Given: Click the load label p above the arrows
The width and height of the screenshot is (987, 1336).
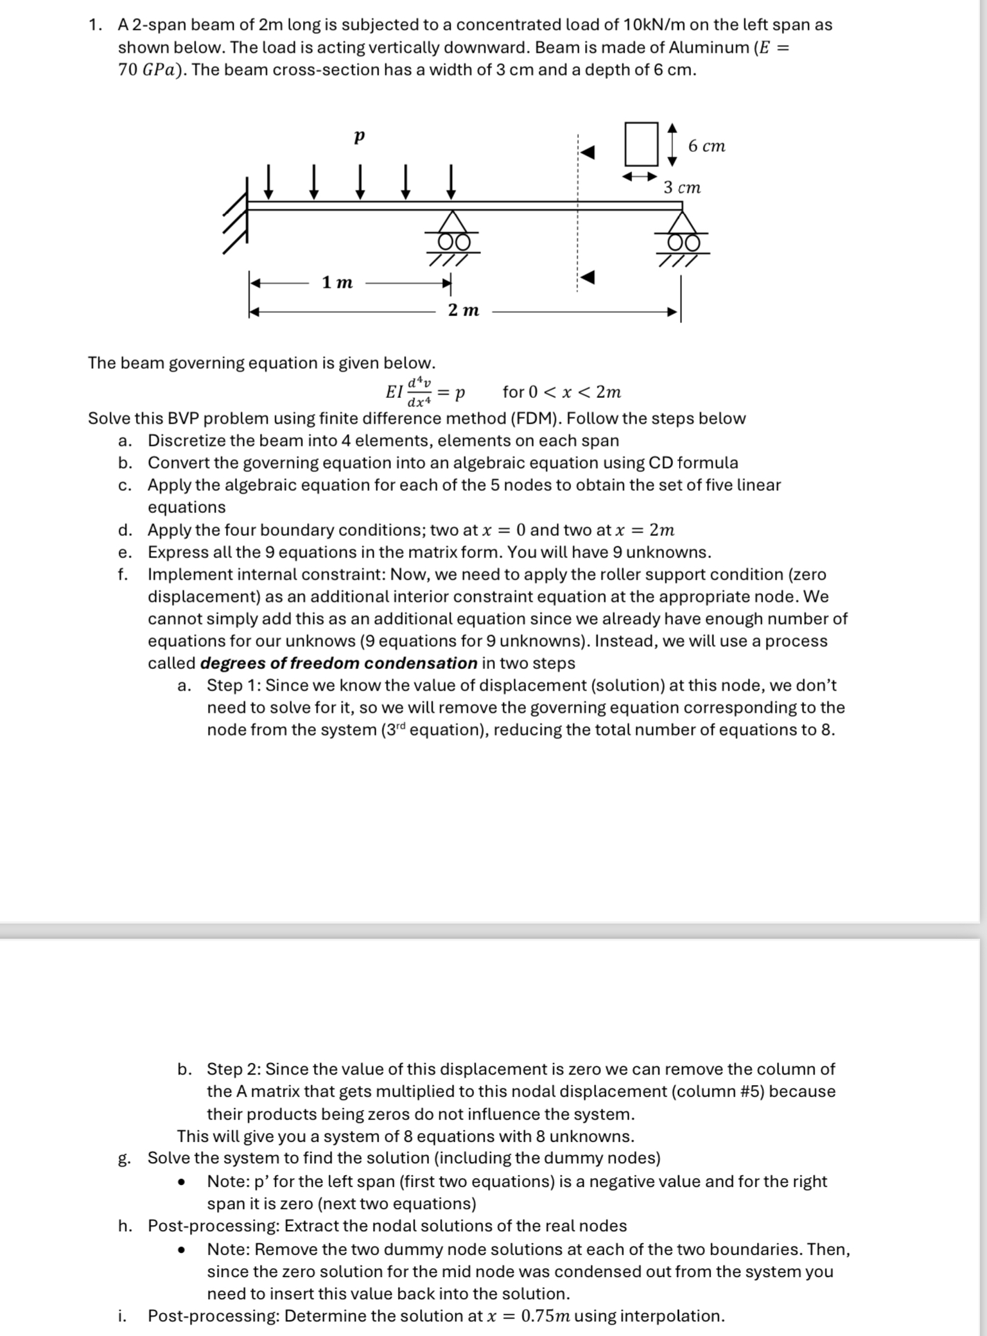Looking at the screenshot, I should coord(358,137).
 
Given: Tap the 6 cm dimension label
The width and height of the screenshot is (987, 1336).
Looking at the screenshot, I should coord(706,146).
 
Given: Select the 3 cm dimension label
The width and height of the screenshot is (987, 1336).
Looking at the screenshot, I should coord(682,188).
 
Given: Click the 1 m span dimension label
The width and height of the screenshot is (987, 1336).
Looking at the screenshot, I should coord(338,282).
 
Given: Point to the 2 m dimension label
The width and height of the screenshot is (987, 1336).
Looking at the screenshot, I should coord(464,310).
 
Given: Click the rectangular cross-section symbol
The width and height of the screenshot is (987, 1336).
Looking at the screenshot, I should coord(640,144).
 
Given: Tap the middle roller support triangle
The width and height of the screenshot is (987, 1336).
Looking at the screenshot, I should coord(453,223).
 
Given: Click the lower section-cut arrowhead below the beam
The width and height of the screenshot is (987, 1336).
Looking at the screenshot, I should coord(587,278).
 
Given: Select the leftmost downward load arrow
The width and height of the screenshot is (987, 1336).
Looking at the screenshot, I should coord(269,182).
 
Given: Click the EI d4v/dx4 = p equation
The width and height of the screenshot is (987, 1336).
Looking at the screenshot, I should coord(425,392).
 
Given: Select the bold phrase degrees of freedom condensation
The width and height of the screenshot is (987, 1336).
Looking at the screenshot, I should coord(338,663).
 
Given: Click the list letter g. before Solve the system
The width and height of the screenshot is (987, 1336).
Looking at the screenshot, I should coord(125,1159).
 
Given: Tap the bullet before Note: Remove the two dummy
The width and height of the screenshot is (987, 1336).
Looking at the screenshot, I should coord(182,1251).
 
